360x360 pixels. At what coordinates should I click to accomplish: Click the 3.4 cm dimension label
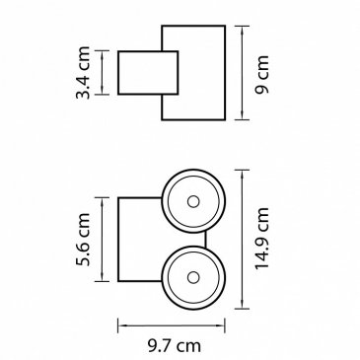tap(83, 73)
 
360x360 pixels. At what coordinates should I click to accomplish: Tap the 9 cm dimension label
tap(262, 75)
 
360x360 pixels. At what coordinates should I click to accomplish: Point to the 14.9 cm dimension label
tap(262, 239)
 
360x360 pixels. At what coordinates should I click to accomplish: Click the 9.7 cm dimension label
tap(175, 346)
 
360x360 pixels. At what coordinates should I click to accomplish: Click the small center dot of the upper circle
tap(193, 201)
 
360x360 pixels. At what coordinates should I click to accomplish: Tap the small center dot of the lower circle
tap(193, 277)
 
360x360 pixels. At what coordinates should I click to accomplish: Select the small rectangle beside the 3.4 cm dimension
tap(148, 73)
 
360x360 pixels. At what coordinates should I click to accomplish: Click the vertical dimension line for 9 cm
tap(242, 73)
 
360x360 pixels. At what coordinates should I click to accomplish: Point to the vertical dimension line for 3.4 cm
tap(103, 73)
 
